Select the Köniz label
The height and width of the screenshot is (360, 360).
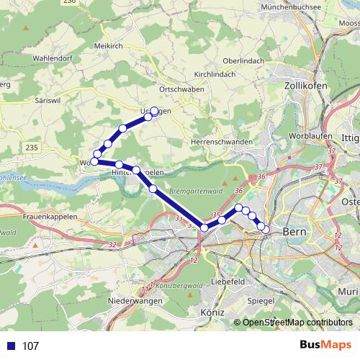pyautogui.click(x=213, y=314)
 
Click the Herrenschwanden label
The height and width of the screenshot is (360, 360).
pyautogui.click(x=222, y=142)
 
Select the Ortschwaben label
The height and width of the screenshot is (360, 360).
pyautogui.click(x=182, y=89)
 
